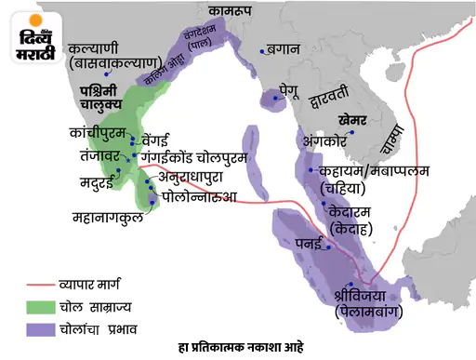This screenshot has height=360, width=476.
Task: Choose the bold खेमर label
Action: click(x=358, y=120)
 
